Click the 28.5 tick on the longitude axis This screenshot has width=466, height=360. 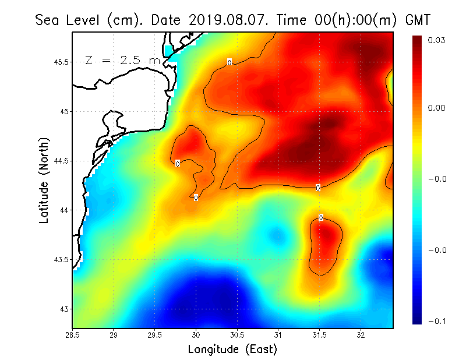[x=73, y=335]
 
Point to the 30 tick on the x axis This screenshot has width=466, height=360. [x=196, y=335]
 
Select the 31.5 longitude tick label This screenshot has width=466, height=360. [x=319, y=335]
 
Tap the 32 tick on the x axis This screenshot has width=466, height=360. [x=361, y=335]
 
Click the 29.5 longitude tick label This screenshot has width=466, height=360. [x=155, y=335]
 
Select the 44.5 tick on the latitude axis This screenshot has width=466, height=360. [x=60, y=161]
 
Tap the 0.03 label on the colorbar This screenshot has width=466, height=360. [x=437, y=40]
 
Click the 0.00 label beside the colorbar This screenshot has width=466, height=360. [x=437, y=108]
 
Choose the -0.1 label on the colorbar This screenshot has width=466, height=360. [x=437, y=320]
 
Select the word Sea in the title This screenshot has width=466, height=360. [x=47, y=20]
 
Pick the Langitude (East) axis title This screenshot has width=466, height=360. [x=232, y=350]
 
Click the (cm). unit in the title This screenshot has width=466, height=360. [x=126, y=20]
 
